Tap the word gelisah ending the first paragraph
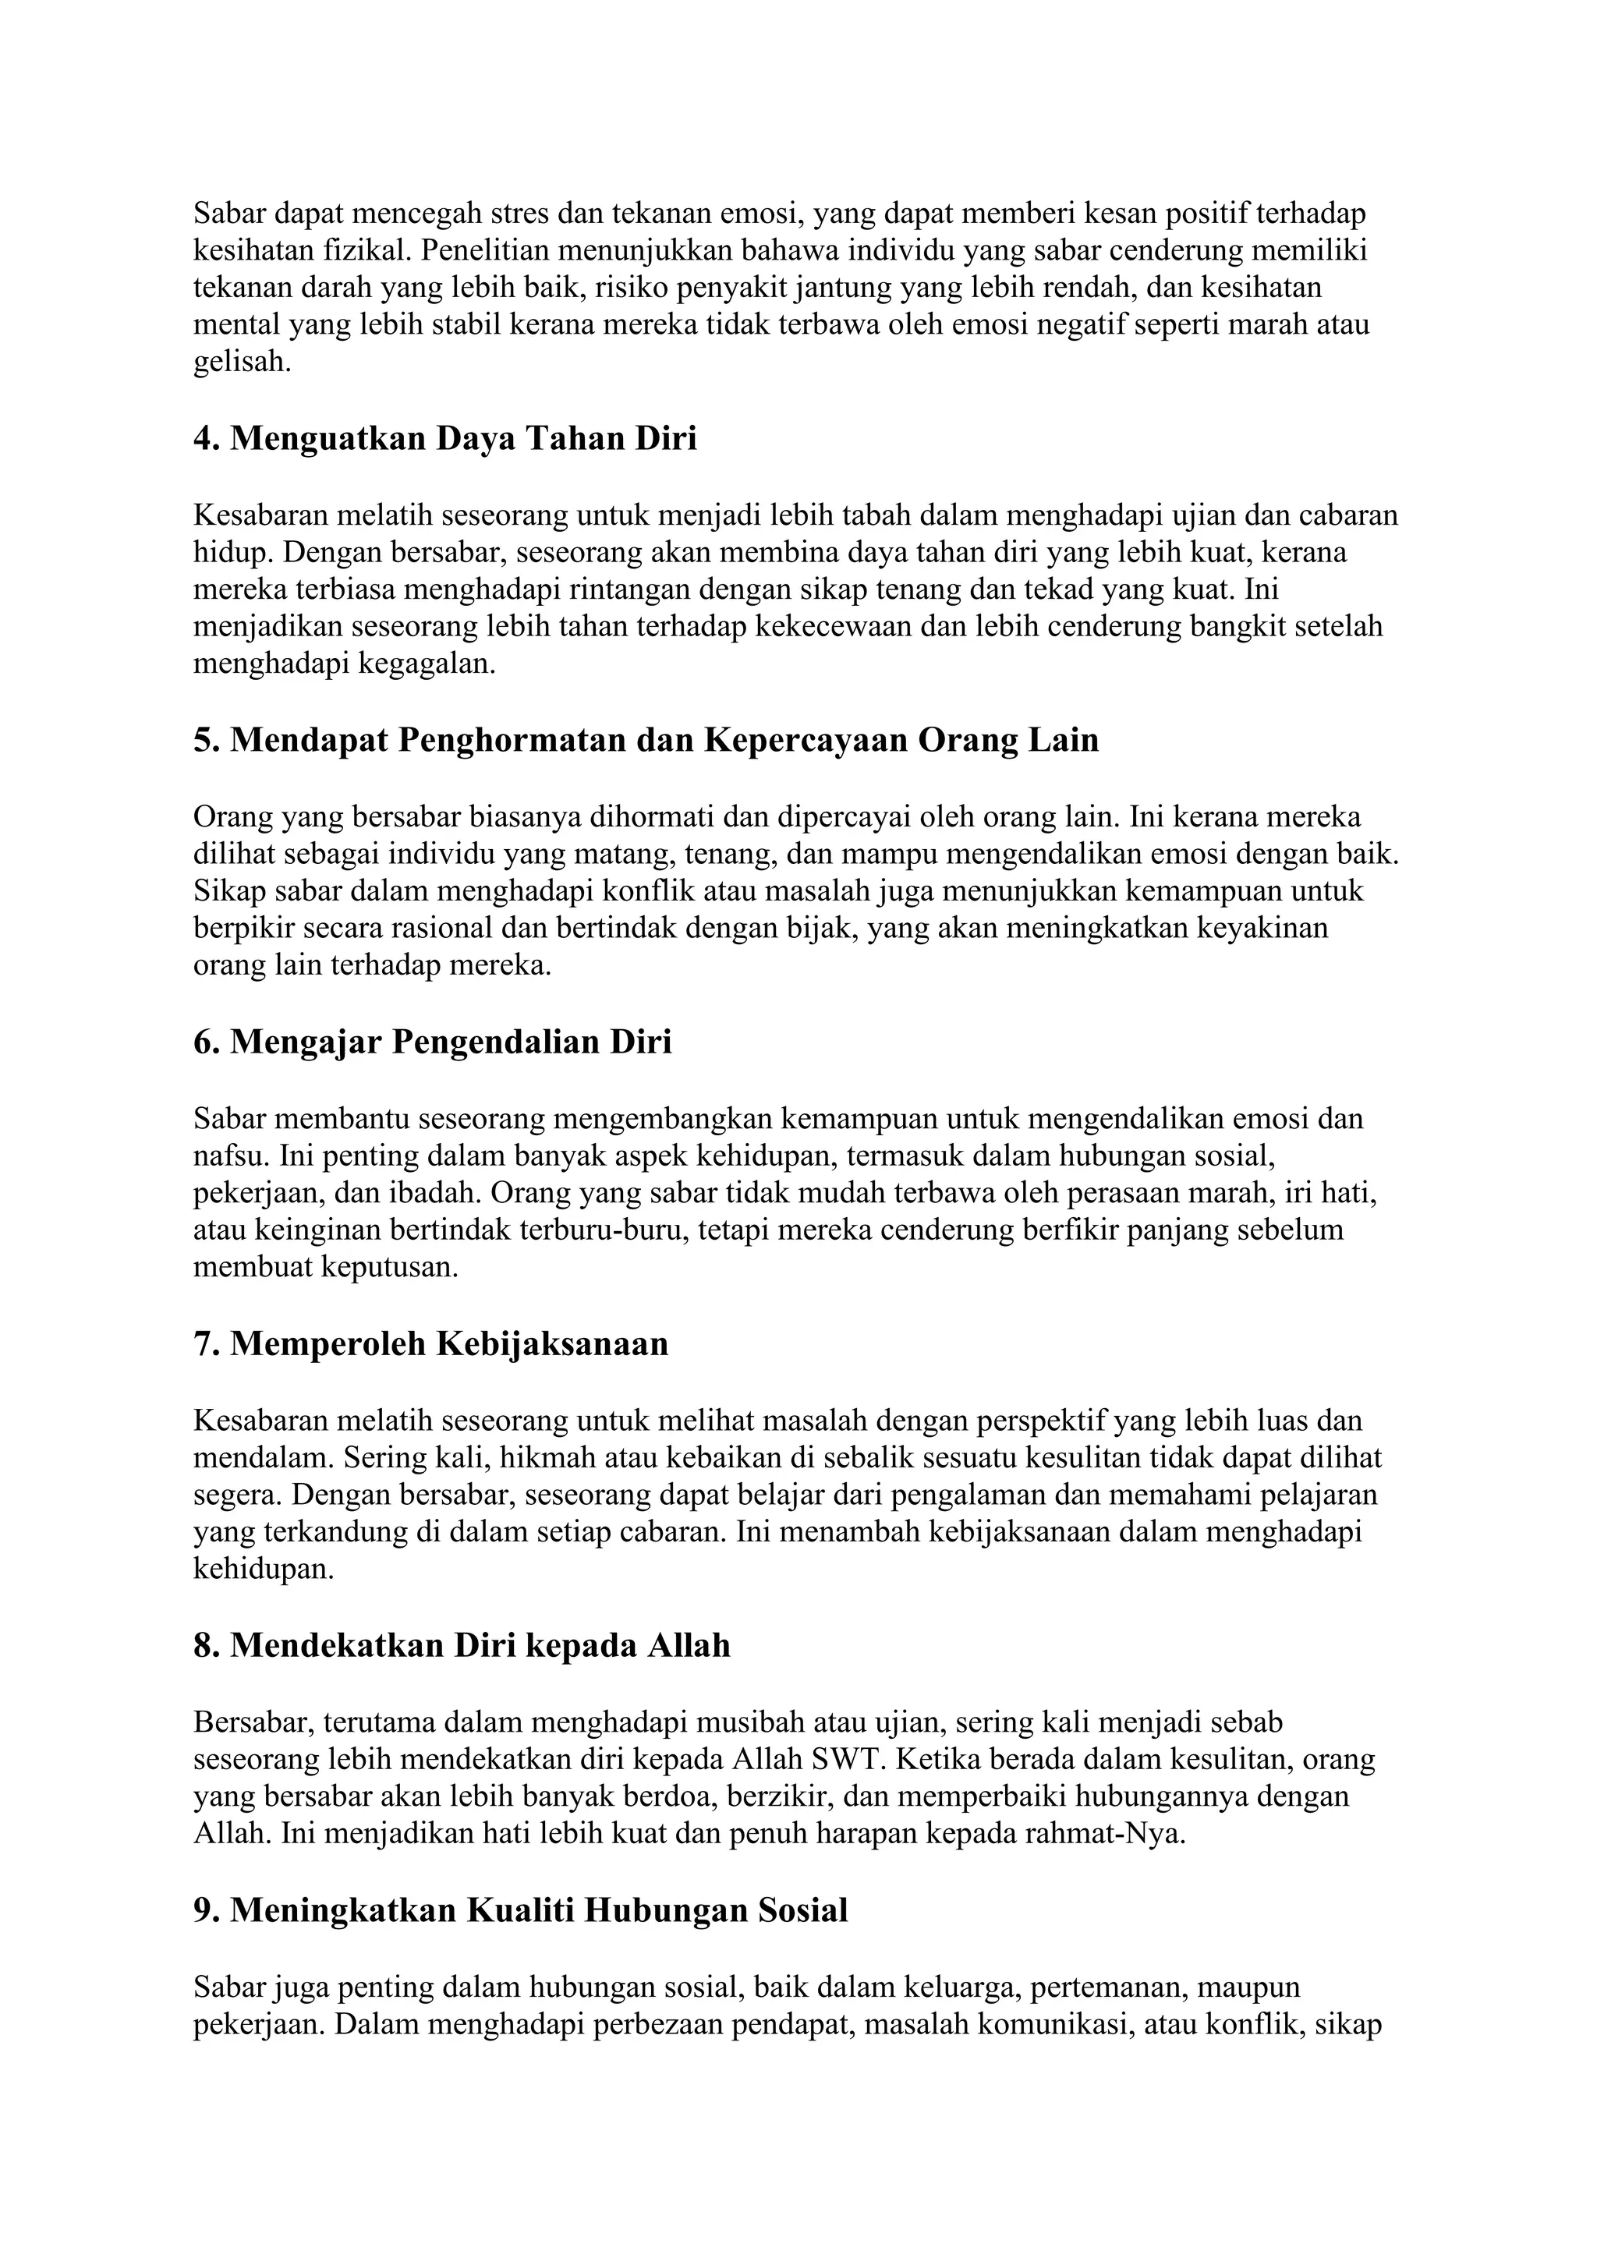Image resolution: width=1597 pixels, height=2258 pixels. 240,363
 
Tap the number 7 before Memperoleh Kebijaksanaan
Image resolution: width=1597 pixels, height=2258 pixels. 204,1343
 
